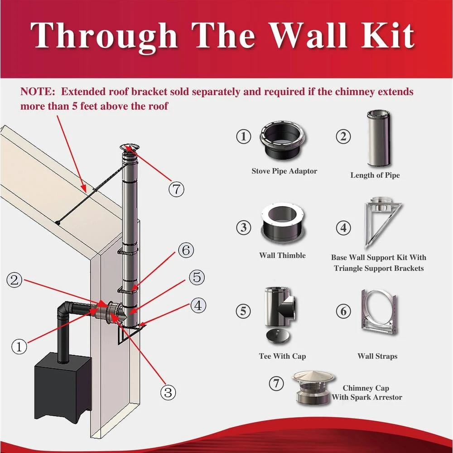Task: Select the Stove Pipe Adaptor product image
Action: [282, 140]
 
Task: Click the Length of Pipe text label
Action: [375, 175]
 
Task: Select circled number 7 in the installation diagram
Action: [177, 189]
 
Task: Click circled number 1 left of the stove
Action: [19, 347]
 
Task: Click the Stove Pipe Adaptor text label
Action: [284, 171]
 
